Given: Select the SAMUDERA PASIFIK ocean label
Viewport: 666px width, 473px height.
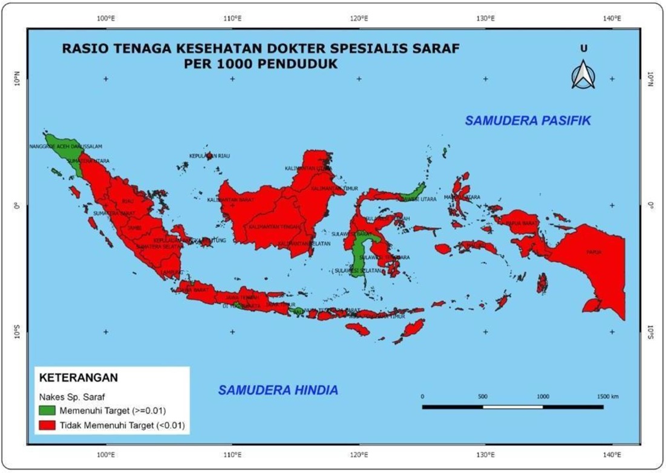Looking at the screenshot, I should click(x=527, y=121).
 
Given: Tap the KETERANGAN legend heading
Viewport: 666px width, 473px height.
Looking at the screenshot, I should click(x=78, y=377).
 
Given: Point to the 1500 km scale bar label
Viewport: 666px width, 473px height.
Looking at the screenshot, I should click(x=607, y=396).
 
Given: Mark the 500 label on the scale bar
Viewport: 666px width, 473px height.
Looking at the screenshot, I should click(x=483, y=396).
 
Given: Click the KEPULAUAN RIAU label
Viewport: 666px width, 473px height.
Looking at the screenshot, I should click(x=209, y=156).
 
